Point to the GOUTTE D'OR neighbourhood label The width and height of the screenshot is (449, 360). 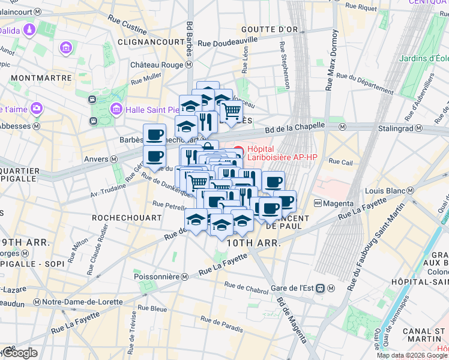coord(266,29)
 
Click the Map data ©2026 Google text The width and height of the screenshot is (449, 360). coord(412,355)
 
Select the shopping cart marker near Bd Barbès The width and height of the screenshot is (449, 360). coord(231,111)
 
